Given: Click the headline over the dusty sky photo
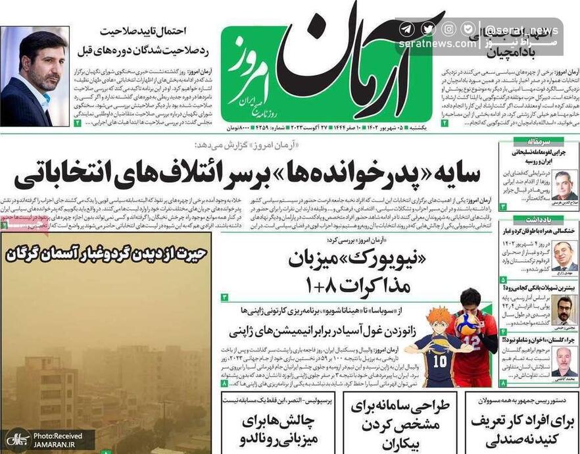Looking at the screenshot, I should pyautogui.click(x=105, y=251).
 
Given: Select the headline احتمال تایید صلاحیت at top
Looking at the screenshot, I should pyautogui.click(x=144, y=30).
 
